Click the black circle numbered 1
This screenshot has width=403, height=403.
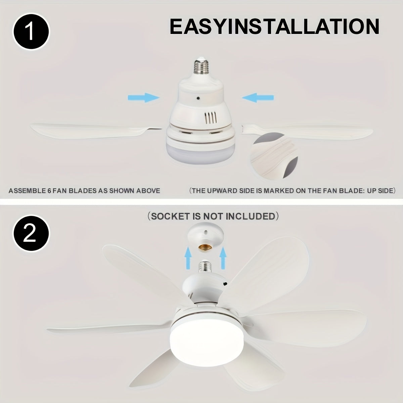(x=31, y=33)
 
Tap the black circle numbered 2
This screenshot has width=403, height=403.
(x=31, y=234)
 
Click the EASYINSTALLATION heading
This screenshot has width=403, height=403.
(x=274, y=27)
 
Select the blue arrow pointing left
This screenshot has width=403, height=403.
(x=258, y=98)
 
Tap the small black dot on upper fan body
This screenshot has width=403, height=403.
(x=199, y=98)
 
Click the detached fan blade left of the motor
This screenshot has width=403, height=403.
(x=94, y=129)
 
